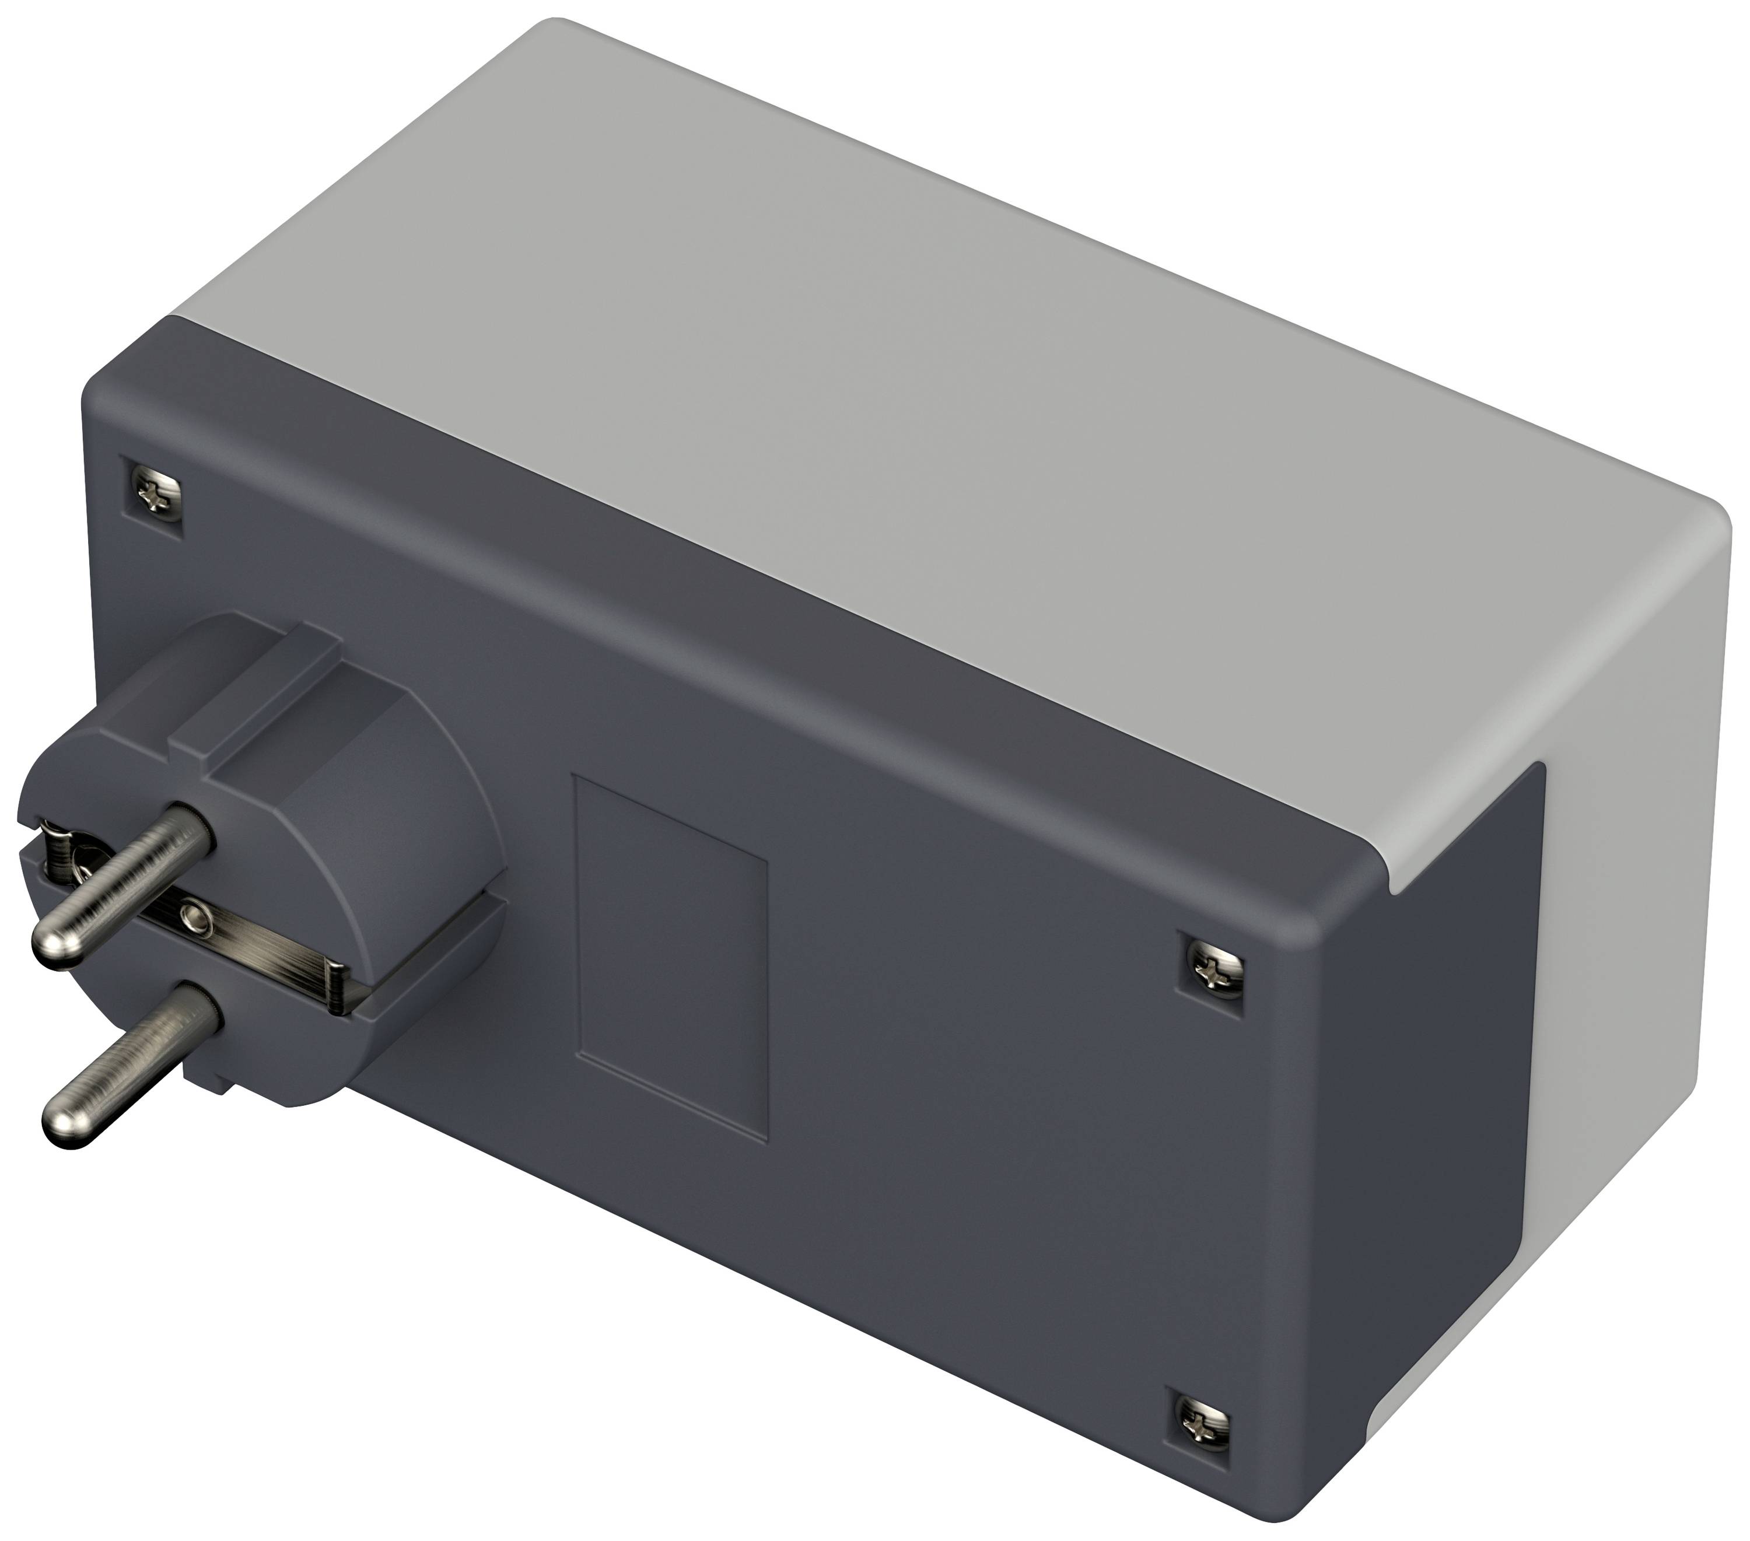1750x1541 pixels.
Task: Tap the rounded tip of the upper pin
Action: tap(54, 942)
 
